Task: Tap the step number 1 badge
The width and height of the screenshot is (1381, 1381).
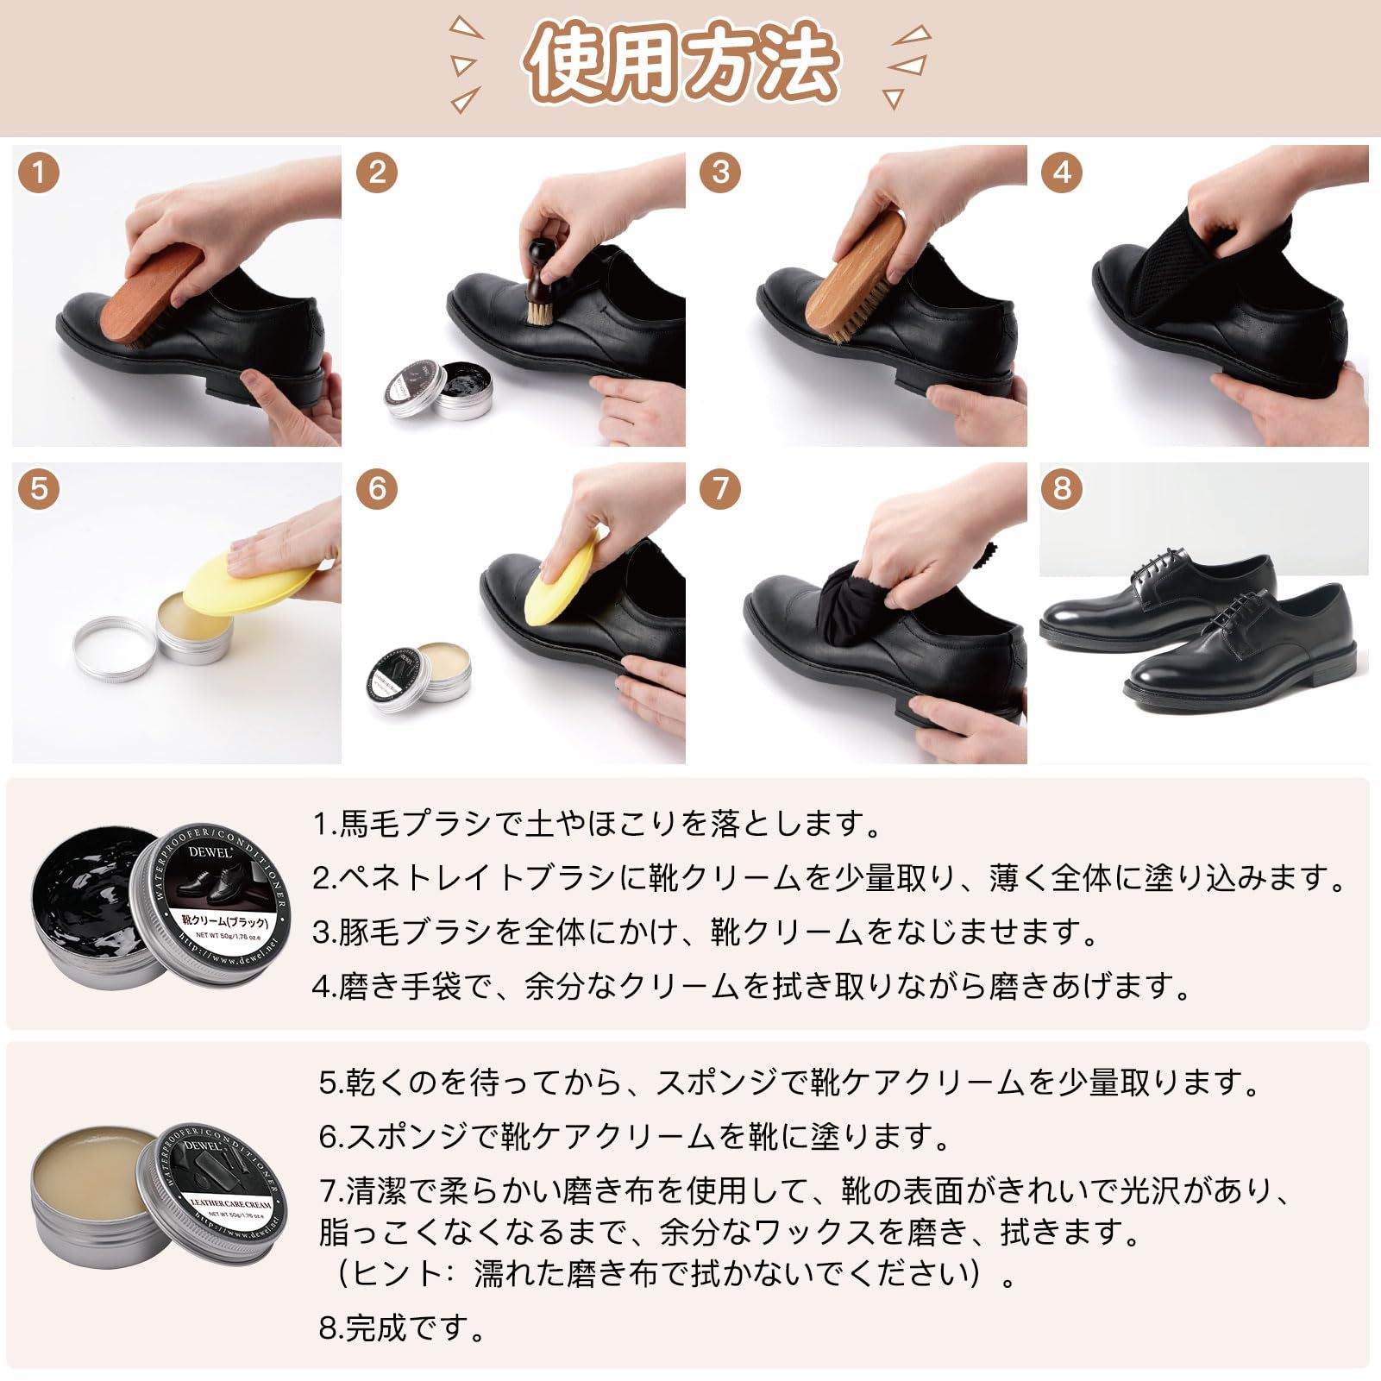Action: pos(38,174)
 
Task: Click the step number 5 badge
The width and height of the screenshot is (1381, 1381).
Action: pos(38,489)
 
